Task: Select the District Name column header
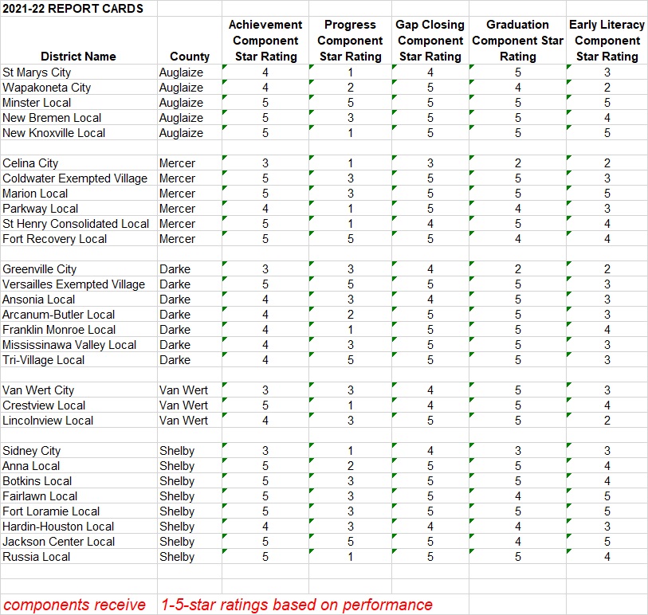click(x=78, y=57)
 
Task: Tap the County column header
click(x=190, y=57)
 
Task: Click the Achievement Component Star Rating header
click(x=265, y=41)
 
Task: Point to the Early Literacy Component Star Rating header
click(x=607, y=41)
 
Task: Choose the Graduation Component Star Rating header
click(x=517, y=41)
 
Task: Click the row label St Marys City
click(x=37, y=72)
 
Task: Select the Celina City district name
click(x=30, y=163)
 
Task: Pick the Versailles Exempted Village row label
click(x=73, y=284)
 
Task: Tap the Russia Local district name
click(x=36, y=557)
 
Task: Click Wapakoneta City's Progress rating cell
click(x=350, y=88)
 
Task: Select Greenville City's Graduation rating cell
click(x=517, y=269)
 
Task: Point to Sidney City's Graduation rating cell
click(x=517, y=451)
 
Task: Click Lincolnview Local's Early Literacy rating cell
click(x=607, y=421)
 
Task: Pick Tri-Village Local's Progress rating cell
click(x=350, y=360)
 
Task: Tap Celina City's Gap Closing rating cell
click(x=430, y=163)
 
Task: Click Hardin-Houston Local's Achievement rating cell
click(x=265, y=527)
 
